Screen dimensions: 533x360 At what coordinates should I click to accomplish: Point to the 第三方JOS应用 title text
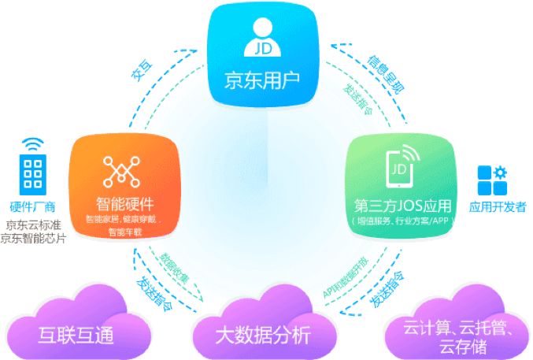click(403, 206)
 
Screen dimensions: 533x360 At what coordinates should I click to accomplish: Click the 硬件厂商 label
click(31, 207)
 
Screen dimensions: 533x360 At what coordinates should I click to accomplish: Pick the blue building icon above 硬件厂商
click(32, 175)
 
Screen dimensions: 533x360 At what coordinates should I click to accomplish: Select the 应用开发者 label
click(497, 208)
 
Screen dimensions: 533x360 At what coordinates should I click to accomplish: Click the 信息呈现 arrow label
click(387, 75)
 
